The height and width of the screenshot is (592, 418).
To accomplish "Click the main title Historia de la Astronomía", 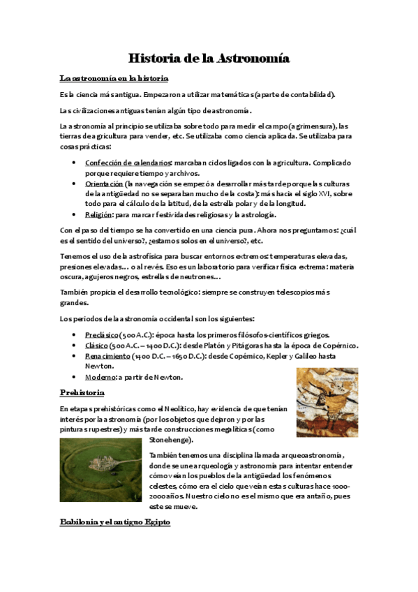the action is click(x=209, y=59).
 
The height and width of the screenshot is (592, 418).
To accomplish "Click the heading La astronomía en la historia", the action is click(x=113, y=78).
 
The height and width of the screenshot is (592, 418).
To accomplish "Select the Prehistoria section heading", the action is click(x=82, y=392).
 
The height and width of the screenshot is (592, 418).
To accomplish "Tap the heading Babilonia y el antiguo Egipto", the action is click(x=114, y=522).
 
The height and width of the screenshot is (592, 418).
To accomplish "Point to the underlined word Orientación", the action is click(x=108, y=183).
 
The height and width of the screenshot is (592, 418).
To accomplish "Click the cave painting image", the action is click(x=327, y=403).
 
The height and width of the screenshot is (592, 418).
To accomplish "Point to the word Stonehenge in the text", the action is click(x=172, y=441).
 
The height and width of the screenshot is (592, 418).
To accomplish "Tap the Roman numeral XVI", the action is click(x=326, y=193).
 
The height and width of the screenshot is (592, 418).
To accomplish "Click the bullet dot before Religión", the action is click(x=75, y=215).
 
